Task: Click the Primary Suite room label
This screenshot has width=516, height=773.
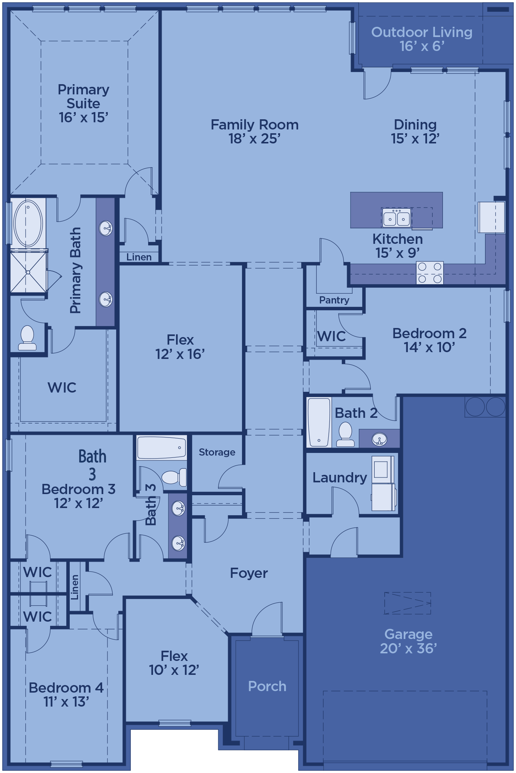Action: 83,103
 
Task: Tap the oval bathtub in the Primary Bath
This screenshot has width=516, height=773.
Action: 28,223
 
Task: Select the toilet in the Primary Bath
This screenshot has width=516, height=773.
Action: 28,338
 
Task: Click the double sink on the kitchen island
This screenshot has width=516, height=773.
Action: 397,217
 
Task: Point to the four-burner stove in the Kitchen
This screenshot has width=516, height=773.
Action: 430,273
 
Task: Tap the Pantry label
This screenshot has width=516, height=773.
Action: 334,300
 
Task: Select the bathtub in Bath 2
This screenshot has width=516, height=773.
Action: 319,422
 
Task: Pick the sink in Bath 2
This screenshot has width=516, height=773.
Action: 379,439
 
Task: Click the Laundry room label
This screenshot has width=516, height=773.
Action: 340,477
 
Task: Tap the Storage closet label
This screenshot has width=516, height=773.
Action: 217,452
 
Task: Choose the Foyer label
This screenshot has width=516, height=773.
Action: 249,573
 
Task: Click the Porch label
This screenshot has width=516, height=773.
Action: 267,686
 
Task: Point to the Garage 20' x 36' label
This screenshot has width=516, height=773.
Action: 408,641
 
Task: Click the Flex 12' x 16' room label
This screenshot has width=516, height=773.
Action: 180,347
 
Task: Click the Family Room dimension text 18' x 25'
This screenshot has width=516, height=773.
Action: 254,139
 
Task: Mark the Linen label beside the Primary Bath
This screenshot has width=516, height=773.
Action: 139,257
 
